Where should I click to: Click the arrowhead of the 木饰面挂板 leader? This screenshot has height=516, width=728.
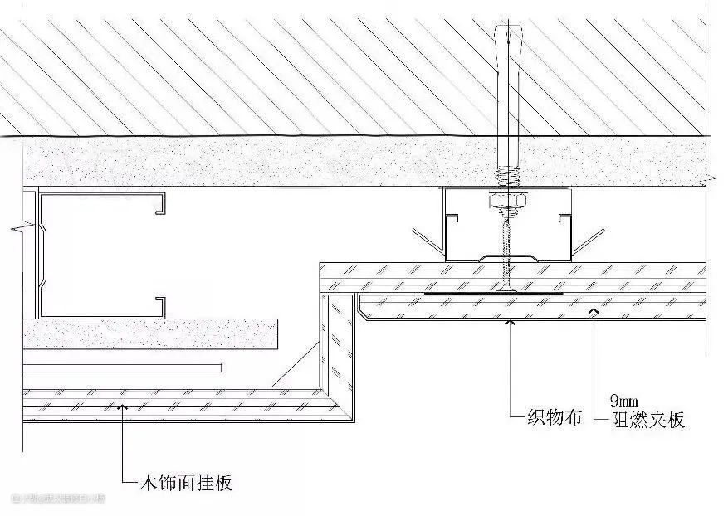tap(123, 406)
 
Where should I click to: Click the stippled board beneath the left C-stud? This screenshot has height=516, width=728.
tap(149, 333)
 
